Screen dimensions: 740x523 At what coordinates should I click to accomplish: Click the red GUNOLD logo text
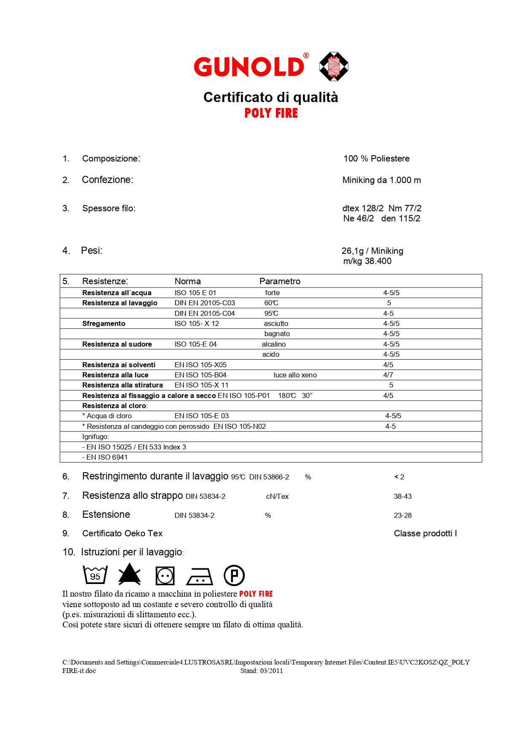(249, 67)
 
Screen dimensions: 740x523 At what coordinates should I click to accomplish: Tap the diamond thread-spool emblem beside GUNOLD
(334, 67)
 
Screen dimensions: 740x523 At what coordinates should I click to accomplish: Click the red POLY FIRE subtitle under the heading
(271, 113)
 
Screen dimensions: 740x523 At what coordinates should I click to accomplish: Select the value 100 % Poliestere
(376, 159)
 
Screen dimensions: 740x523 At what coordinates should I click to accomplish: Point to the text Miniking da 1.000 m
(381, 180)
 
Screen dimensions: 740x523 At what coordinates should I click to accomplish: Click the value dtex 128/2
(363, 208)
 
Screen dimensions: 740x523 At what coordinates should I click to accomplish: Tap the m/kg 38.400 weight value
(367, 261)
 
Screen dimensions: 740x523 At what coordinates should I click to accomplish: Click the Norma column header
(188, 281)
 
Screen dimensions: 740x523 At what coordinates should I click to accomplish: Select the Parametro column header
(280, 281)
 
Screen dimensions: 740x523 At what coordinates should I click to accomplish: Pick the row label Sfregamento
(104, 323)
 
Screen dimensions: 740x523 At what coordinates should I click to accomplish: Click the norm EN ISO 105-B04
(200, 375)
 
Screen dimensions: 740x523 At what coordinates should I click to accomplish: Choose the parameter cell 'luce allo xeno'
(295, 375)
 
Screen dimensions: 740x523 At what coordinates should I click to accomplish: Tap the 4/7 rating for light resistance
(388, 375)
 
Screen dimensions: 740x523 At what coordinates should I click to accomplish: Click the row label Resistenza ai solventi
(119, 365)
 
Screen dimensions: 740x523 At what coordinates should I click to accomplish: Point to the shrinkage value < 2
(399, 477)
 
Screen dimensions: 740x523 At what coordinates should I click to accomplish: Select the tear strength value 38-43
(403, 496)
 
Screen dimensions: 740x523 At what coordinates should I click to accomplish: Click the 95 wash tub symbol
(95, 575)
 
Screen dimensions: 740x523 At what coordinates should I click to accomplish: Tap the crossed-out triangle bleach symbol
(129, 574)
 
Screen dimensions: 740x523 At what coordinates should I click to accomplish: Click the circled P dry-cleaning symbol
(234, 575)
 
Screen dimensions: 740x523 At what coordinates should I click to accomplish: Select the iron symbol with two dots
(199, 576)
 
